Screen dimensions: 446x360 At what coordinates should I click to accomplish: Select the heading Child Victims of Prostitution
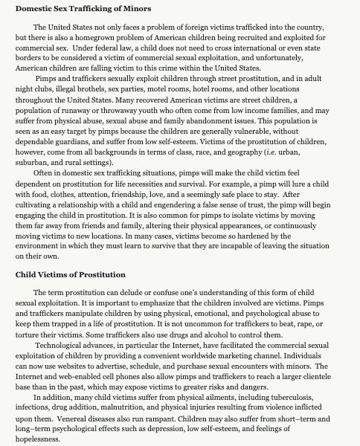click(71, 274)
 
